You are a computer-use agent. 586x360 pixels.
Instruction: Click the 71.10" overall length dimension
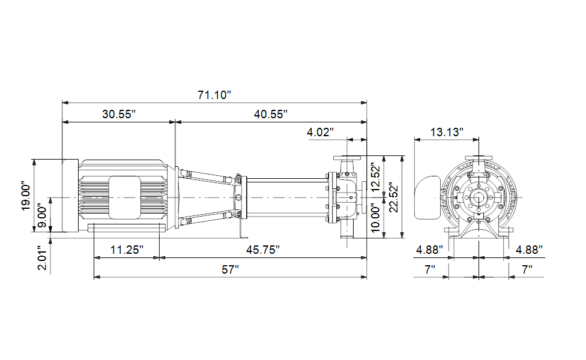(x=214, y=95)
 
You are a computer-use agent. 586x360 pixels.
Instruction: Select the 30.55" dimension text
(x=119, y=114)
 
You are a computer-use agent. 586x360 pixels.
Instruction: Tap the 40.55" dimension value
(x=271, y=114)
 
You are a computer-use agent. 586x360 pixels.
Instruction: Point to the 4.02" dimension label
(x=320, y=132)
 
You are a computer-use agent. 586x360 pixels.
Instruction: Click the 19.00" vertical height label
(x=26, y=196)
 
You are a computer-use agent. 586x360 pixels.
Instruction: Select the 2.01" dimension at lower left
(x=43, y=258)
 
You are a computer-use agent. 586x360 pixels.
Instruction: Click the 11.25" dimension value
(x=127, y=250)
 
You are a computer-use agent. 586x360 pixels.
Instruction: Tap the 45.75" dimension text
(x=263, y=250)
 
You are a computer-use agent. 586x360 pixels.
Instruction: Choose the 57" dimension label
(x=230, y=269)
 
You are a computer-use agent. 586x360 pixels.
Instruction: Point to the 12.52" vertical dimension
(x=376, y=177)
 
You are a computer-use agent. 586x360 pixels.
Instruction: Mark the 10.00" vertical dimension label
(x=376, y=218)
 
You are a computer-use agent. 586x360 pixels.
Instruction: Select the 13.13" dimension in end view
(x=447, y=132)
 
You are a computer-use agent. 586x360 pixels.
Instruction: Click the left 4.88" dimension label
(x=430, y=250)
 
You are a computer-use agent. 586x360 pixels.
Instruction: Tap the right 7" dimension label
(x=527, y=269)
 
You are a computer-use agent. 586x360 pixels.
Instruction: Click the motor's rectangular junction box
(x=125, y=197)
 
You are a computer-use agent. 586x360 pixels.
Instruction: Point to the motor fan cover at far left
(x=70, y=196)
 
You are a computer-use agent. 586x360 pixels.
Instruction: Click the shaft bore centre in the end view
(x=479, y=197)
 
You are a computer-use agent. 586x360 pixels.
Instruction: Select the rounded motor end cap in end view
(x=427, y=197)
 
